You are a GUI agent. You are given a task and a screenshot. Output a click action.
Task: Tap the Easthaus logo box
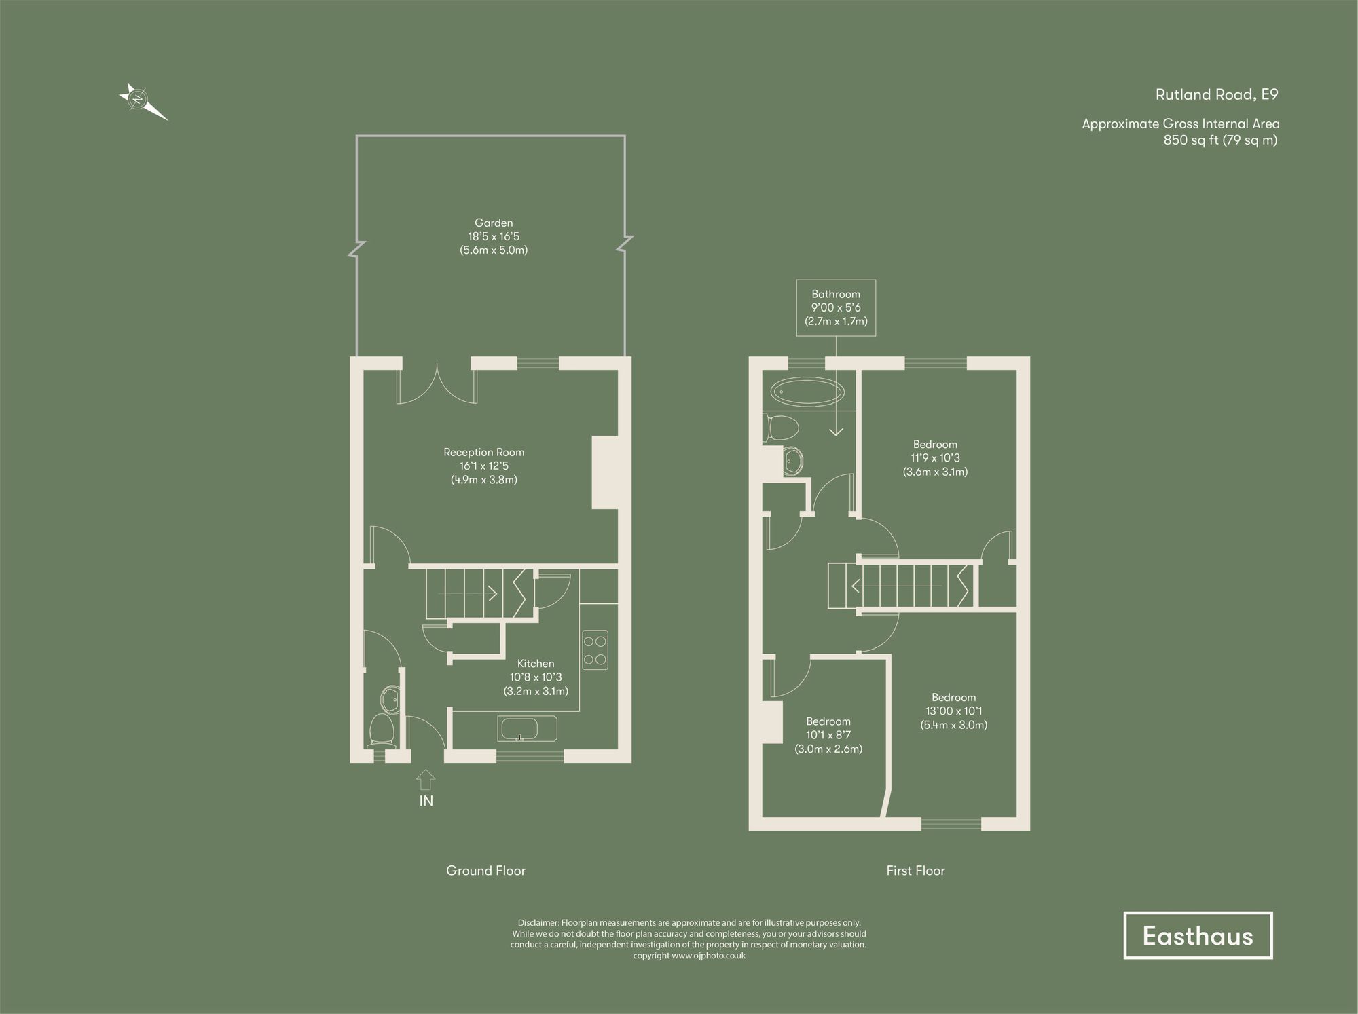tap(1198, 935)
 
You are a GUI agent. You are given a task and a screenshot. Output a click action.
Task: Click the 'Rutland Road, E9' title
tap(1217, 95)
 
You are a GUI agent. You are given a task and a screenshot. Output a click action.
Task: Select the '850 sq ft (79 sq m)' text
tap(1220, 140)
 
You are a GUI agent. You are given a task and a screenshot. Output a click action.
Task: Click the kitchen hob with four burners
tap(595, 650)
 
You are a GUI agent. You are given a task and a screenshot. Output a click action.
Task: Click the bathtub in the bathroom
tap(807, 392)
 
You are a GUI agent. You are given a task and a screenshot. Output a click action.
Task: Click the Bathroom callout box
tap(836, 307)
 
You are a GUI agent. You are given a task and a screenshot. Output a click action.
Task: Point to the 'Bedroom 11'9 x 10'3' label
tap(935, 458)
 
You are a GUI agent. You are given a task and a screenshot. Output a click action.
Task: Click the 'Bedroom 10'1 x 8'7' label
tap(828, 735)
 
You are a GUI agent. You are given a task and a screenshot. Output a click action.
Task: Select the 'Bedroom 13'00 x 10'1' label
tap(953, 711)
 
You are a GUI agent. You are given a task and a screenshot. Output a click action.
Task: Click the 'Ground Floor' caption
tap(485, 871)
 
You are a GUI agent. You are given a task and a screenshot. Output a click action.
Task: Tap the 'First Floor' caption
tap(915, 871)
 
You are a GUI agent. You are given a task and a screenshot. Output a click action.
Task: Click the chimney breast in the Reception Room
tap(605, 472)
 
